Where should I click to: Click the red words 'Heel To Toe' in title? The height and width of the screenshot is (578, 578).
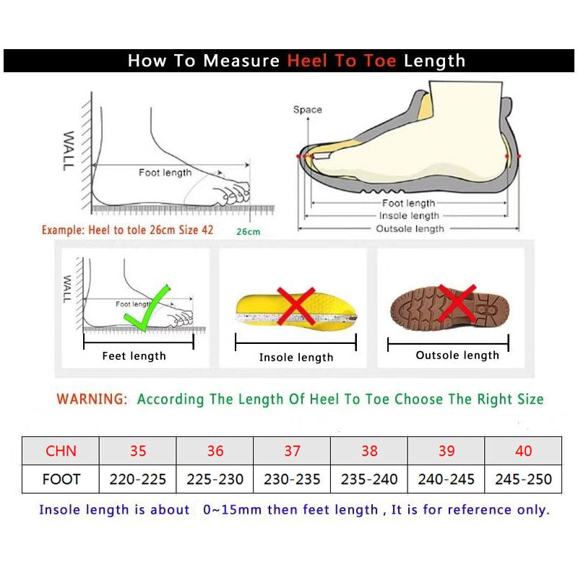(342, 61)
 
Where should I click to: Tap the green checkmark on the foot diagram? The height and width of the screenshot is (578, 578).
(148, 307)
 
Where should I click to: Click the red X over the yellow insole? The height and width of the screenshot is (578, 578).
(296, 306)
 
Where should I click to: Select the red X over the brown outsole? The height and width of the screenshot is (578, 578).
(457, 303)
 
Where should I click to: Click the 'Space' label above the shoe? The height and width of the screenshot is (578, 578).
(307, 110)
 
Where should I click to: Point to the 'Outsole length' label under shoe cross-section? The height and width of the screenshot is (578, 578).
(410, 229)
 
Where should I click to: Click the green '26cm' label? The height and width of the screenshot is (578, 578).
(248, 232)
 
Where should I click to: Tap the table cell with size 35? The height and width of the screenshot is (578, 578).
(137, 451)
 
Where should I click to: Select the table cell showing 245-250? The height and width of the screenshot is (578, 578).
(523, 479)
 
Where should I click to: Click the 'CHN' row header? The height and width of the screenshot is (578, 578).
(61, 451)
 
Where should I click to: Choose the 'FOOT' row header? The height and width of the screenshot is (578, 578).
(61, 479)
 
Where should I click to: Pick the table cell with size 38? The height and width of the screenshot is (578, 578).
(369, 451)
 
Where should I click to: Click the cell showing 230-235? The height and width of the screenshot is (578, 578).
(292, 479)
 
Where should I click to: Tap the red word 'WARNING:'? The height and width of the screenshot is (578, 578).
(92, 399)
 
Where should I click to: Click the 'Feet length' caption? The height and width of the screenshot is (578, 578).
(134, 356)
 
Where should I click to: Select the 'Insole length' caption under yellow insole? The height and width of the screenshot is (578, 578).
(296, 358)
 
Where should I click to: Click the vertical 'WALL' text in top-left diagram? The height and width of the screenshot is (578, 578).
(69, 150)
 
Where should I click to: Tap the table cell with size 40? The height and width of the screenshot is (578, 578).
(523, 451)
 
